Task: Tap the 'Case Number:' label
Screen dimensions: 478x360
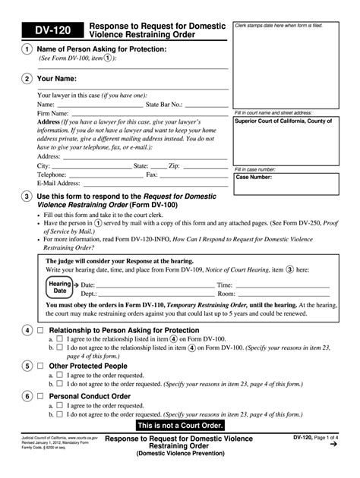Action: click(254, 177)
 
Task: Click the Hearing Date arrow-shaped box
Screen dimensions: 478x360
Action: click(62, 288)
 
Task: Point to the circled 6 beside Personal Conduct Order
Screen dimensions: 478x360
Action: click(27, 396)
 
